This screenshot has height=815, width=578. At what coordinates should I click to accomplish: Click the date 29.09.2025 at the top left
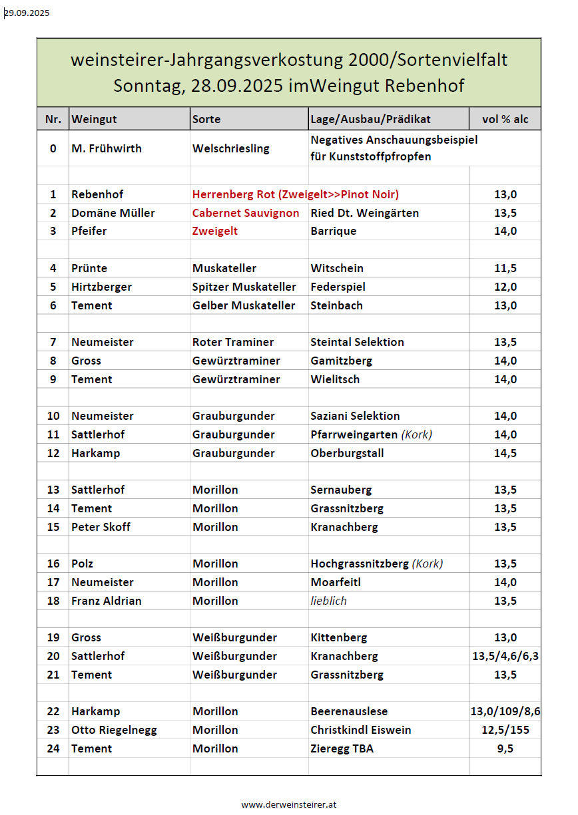tap(27, 13)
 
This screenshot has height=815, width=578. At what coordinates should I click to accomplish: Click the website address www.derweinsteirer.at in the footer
tap(289, 804)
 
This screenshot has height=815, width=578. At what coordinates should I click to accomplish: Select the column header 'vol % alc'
tap(505, 119)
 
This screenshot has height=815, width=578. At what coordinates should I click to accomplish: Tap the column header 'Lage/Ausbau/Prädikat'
tap(370, 119)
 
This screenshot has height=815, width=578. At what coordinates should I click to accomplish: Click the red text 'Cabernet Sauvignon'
tap(246, 213)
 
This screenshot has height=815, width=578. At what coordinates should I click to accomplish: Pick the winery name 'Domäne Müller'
tap(113, 213)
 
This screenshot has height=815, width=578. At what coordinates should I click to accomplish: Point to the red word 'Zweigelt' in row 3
tap(215, 231)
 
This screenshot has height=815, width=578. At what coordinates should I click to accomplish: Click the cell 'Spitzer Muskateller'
tap(244, 287)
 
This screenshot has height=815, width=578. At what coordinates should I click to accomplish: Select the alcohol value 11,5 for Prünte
tap(505, 268)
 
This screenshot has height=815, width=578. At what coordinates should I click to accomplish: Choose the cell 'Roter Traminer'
tap(233, 342)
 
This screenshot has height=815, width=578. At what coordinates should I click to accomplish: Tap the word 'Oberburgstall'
tap(347, 453)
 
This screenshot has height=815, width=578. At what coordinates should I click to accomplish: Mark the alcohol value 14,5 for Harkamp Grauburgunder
tap(505, 453)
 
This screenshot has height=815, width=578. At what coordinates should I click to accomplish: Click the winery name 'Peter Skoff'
tap(101, 527)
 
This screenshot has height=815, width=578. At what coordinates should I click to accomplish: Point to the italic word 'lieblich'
tap(328, 601)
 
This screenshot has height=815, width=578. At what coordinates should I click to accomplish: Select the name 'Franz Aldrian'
tap(106, 601)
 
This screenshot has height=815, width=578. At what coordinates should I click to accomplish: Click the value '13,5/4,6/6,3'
tap(505, 656)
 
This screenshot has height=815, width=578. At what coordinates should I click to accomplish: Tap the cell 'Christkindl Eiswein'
tap(360, 730)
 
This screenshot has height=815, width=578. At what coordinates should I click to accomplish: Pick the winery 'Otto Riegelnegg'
tap(114, 730)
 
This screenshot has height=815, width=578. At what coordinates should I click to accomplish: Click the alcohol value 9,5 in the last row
tap(505, 748)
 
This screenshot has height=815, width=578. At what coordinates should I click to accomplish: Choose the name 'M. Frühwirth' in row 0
tap(106, 148)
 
